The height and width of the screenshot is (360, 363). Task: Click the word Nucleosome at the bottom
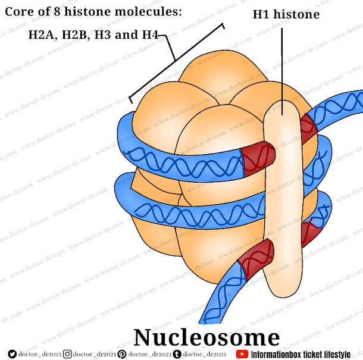click(206, 337)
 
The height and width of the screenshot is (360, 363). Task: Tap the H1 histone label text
click(286, 14)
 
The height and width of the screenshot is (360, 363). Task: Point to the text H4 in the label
click(149, 35)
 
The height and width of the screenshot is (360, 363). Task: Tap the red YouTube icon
click(242, 354)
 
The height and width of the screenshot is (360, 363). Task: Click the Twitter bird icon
click(12, 354)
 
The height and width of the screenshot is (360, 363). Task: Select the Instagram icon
click(67, 354)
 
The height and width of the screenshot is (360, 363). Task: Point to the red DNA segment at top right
click(308, 126)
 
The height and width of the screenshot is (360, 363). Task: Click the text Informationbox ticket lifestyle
click(301, 354)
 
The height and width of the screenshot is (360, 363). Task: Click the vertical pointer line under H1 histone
click(281, 65)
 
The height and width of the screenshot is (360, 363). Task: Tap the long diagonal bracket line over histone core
click(176, 60)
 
